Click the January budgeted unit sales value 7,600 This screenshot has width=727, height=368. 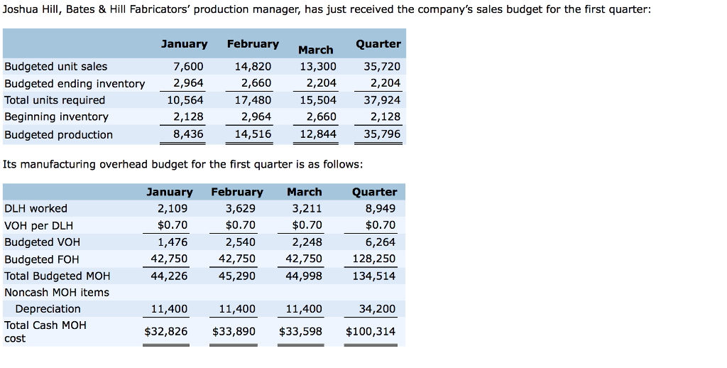[188, 66]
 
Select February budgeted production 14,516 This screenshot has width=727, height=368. [253, 134]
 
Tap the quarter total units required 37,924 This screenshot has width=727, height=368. [382, 99]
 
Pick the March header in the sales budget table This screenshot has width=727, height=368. [315, 50]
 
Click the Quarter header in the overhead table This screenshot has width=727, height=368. [374, 192]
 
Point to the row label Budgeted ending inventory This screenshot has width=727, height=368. [75, 84]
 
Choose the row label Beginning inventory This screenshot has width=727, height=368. [56, 117]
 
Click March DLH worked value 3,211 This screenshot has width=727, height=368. [307, 208]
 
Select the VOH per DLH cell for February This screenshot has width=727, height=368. [240, 225]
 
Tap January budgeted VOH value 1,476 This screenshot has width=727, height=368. [173, 242]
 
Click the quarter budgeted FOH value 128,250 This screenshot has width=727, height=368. [374, 259]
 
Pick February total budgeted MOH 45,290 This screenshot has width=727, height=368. [237, 276]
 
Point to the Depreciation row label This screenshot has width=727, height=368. [48, 308]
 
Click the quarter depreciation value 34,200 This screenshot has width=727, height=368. [378, 308]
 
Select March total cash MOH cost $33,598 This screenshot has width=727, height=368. [300, 331]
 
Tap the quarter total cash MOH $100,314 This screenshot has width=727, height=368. [371, 331]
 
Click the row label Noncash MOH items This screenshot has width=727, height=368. [57, 293]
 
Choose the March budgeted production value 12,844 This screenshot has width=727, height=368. [318, 134]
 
